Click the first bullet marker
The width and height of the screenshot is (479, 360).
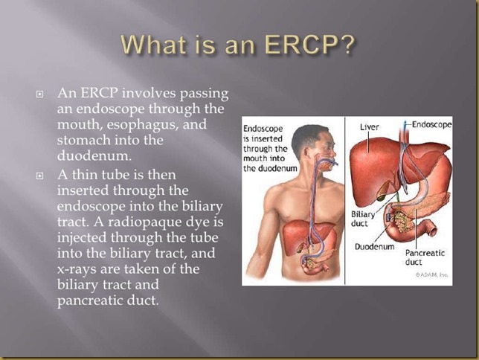point(39,94)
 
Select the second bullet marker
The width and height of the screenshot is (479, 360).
point(39,176)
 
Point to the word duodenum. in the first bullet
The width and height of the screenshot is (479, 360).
point(94,155)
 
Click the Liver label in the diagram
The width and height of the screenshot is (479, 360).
point(370,127)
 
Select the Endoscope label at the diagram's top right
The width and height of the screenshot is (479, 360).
point(431,125)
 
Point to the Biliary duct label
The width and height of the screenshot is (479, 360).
point(363,219)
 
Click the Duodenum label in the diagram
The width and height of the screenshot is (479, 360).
point(375,246)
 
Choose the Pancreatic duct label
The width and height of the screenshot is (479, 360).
point(425,257)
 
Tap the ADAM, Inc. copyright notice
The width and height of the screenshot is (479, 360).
point(431,274)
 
